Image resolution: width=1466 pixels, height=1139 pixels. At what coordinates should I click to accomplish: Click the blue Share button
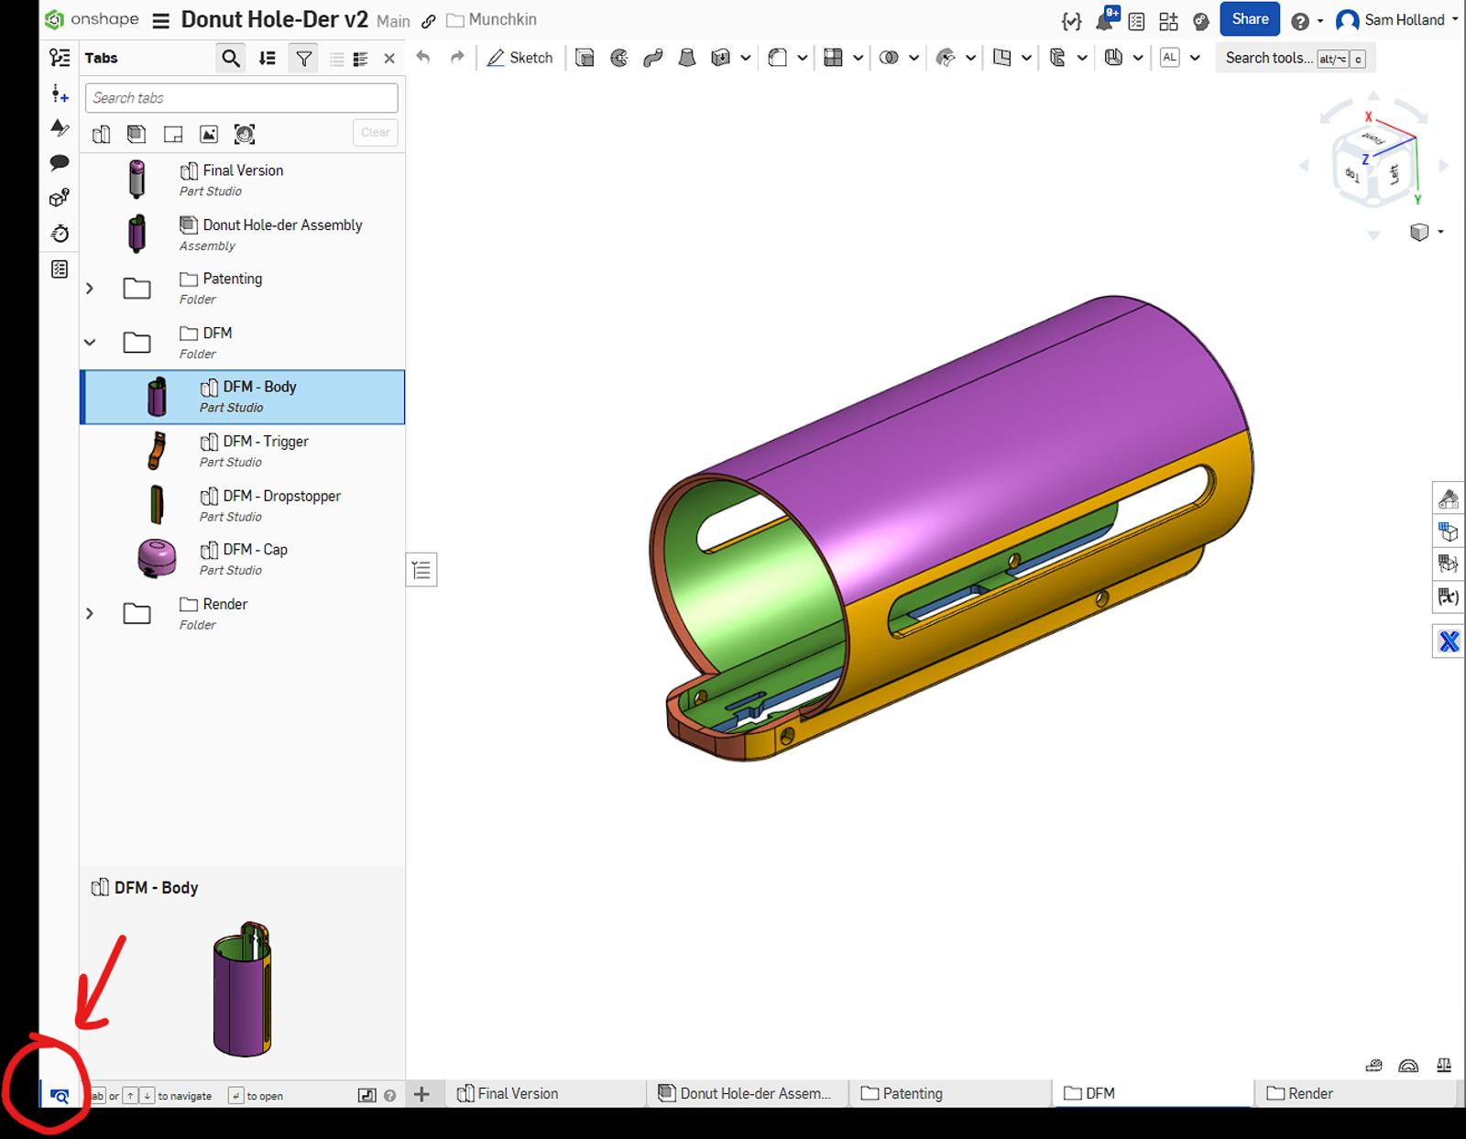click(x=1249, y=19)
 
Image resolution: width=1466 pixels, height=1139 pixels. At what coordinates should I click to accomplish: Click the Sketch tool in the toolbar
click(x=520, y=58)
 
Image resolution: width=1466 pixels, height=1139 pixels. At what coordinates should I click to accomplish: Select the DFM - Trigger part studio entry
click(x=265, y=442)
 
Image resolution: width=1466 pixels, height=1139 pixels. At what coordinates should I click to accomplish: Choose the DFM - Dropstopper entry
click(x=281, y=496)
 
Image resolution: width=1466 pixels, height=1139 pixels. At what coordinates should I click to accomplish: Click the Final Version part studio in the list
click(x=243, y=170)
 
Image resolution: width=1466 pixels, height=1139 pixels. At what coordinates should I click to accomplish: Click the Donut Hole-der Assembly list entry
click(x=282, y=225)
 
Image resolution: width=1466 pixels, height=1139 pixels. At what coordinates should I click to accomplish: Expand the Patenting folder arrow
click(x=90, y=288)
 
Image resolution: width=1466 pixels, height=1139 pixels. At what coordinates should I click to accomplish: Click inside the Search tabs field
click(x=242, y=98)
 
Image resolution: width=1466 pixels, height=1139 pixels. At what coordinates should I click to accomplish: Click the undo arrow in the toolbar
click(x=422, y=58)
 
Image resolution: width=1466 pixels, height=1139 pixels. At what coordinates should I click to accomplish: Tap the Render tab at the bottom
click(x=1309, y=1093)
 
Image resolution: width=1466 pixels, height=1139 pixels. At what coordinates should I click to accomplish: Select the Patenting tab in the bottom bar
click(x=912, y=1093)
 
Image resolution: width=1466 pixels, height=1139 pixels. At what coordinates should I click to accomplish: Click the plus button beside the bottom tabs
click(x=421, y=1093)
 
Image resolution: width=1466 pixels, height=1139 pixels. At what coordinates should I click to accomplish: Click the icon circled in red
click(x=60, y=1095)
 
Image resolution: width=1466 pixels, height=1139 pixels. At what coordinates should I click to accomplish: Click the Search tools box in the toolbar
click(x=1268, y=58)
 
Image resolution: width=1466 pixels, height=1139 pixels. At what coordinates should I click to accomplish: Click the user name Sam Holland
click(x=1403, y=20)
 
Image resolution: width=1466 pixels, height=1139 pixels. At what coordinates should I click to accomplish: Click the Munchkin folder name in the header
click(x=502, y=20)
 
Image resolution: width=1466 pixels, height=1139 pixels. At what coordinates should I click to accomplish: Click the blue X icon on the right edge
click(x=1448, y=641)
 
